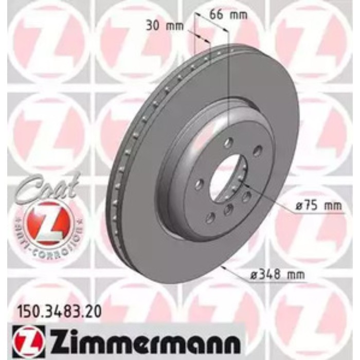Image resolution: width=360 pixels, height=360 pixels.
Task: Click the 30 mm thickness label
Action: [165, 26]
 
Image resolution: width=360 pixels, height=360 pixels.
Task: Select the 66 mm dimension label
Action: [229, 15]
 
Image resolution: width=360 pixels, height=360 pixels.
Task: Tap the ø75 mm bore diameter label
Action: [318, 206]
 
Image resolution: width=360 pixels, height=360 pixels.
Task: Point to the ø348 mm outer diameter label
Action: [277, 274]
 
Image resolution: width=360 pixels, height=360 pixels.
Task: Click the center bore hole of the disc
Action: [228, 178]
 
